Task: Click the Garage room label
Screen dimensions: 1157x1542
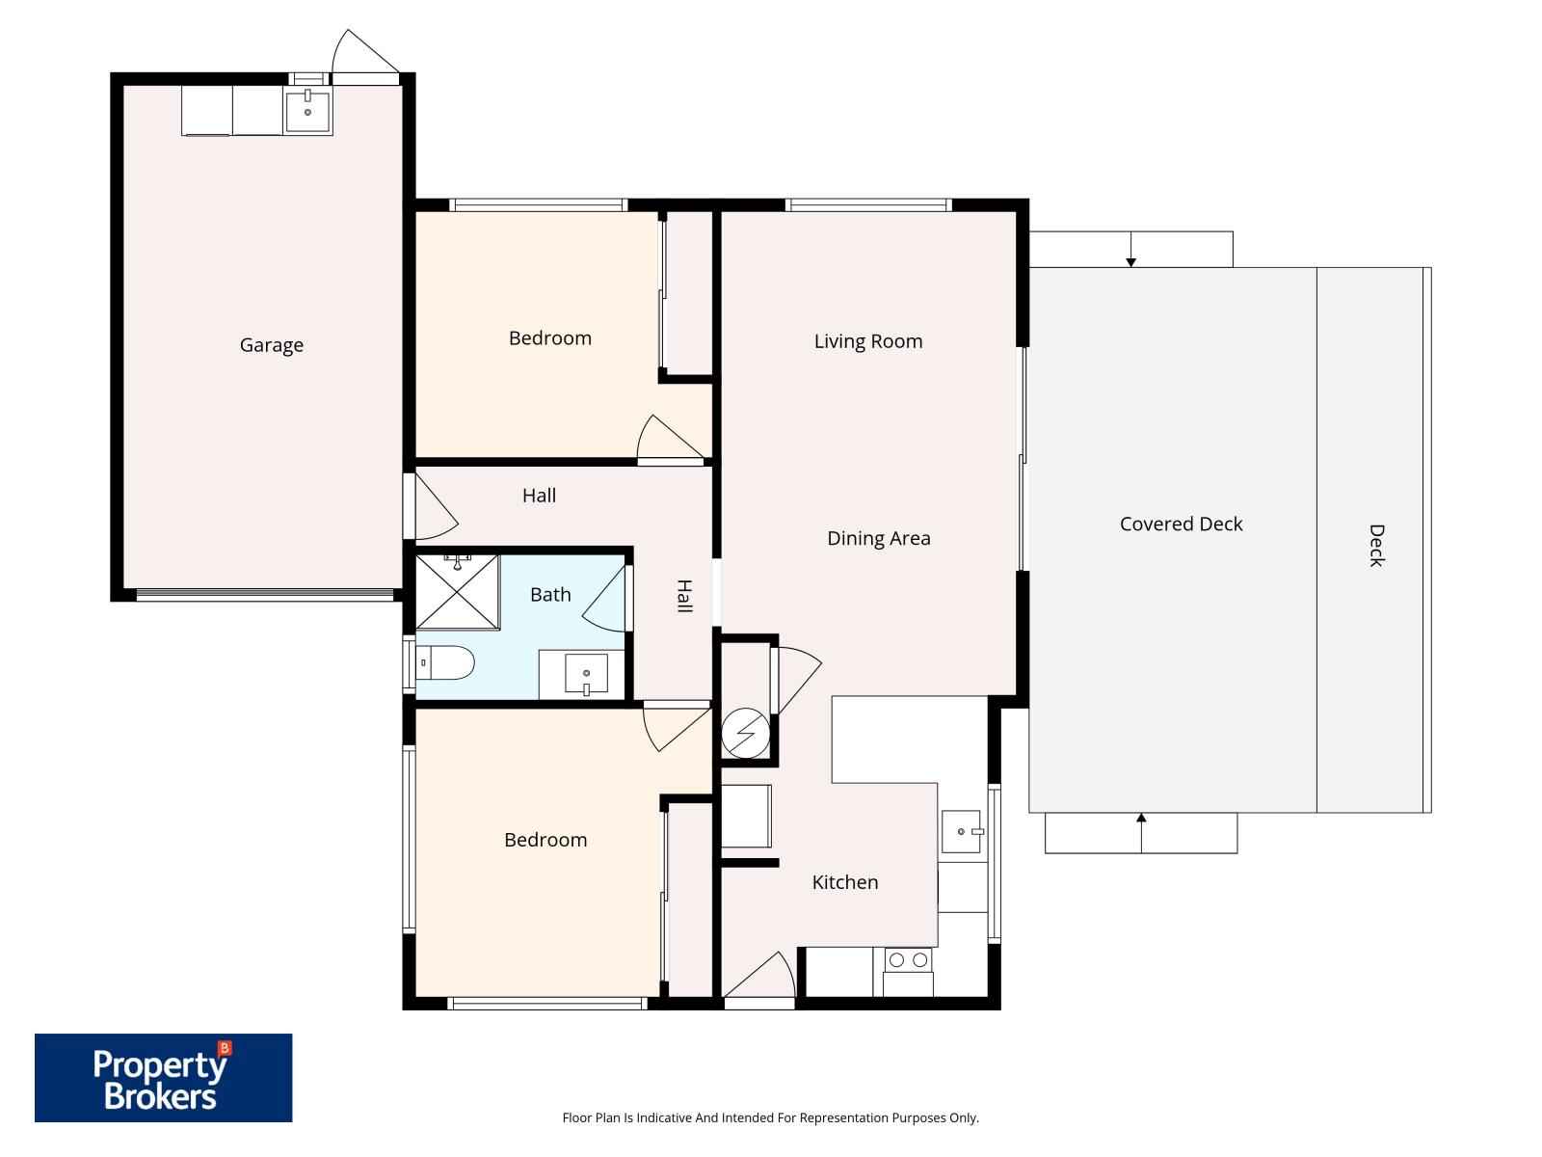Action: (x=271, y=345)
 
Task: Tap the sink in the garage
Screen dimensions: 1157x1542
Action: (x=307, y=111)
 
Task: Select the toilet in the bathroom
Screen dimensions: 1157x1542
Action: (x=447, y=663)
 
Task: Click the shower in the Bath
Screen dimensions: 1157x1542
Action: (x=458, y=591)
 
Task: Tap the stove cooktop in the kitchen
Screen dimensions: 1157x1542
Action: (x=908, y=960)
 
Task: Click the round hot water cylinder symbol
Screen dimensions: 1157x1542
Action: (x=746, y=736)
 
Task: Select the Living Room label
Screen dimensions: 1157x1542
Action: (x=868, y=341)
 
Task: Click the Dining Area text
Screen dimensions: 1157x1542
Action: (x=879, y=539)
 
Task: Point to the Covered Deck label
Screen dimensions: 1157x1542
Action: (x=1181, y=525)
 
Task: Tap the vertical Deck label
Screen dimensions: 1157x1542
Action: (x=1375, y=546)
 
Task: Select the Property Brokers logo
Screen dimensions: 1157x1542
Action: (x=163, y=1078)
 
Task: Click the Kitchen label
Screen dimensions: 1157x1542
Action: (x=844, y=882)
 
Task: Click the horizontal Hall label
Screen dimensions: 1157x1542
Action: (x=539, y=496)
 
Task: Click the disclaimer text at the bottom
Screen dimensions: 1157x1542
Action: (x=770, y=1118)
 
